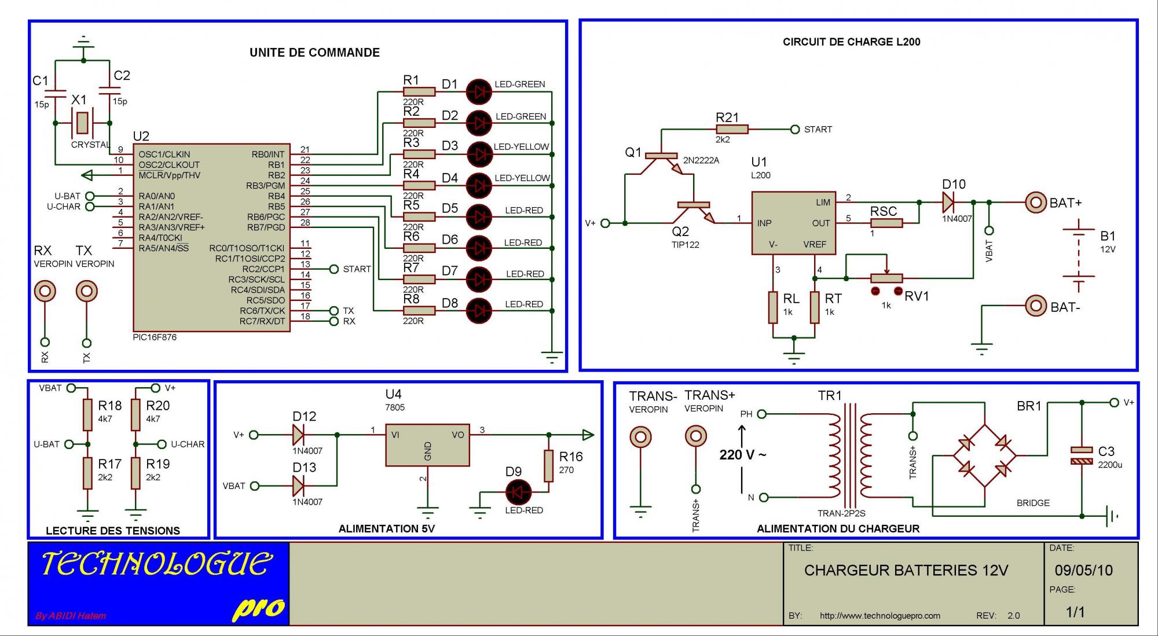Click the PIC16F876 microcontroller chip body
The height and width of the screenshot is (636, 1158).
tap(211, 237)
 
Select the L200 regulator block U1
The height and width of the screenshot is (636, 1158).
tap(793, 223)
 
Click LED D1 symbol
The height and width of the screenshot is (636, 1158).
tap(479, 91)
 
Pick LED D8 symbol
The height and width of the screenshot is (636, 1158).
tap(479, 311)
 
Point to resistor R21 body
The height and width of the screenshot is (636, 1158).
tap(731, 130)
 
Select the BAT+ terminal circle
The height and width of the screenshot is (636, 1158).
tap(1035, 203)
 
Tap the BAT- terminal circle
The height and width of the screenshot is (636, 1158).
tap(1036, 306)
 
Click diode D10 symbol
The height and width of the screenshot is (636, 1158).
tap(948, 203)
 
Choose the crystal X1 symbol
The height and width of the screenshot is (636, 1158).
tap(82, 123)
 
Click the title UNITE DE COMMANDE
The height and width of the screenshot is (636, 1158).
tap(314, 53)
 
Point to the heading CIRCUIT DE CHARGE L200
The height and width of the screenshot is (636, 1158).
tap(851, 42)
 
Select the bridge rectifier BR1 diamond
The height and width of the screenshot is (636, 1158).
tap(984, 455)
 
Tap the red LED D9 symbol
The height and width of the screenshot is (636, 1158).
tap(518, 492)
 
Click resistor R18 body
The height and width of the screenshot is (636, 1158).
tap(87, 414)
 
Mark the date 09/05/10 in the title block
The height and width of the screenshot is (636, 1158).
tap(1083, 570)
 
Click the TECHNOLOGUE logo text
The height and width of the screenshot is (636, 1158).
tap(156, 564)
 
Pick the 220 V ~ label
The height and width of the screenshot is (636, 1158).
tap(742, 455)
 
